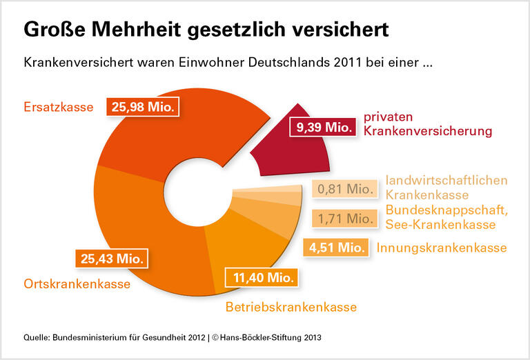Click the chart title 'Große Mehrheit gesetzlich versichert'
(x=206, y=30)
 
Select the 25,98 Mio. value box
(x=144, y=107)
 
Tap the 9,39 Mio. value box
(x=324, y=127)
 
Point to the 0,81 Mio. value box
(x=344, y=188)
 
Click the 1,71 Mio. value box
(x=344, y=219)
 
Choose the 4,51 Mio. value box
(x=336, y=248)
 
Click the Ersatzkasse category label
(x=58, y=108)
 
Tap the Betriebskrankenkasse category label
(x=291, y=307)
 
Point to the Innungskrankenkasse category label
(x=442, y=248)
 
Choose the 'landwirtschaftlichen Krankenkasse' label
(x=446, y=188)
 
